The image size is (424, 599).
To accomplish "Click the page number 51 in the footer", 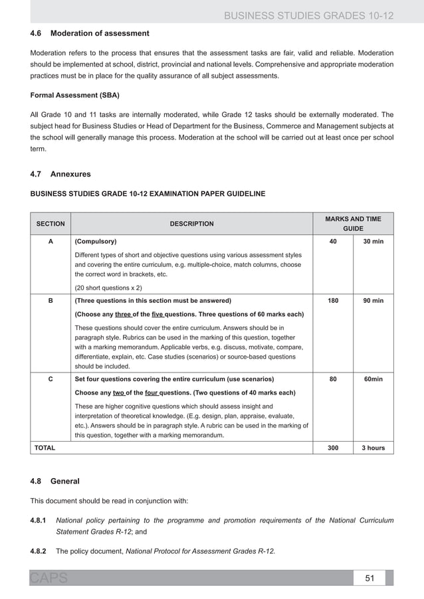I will point(370,578).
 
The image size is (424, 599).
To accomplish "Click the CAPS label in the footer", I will point(48,578).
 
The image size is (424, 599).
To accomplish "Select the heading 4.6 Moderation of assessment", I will point(90,33).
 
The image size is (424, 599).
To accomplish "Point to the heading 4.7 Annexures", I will point(60,174).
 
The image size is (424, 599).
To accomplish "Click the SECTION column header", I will point(50,224).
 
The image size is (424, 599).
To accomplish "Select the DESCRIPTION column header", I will point(191,224).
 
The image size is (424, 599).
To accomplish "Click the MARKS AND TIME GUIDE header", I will point(353,223).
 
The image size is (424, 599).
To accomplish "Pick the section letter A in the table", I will point(51,242).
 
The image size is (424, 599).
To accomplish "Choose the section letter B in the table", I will point(51,301).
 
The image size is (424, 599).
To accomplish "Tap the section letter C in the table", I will point(51,380).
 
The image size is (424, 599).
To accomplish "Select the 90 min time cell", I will point(373,301).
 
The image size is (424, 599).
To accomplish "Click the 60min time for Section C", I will point(373,380).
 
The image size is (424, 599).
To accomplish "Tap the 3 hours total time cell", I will point(373,448).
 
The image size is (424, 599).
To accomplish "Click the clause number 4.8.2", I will point(41,551).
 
